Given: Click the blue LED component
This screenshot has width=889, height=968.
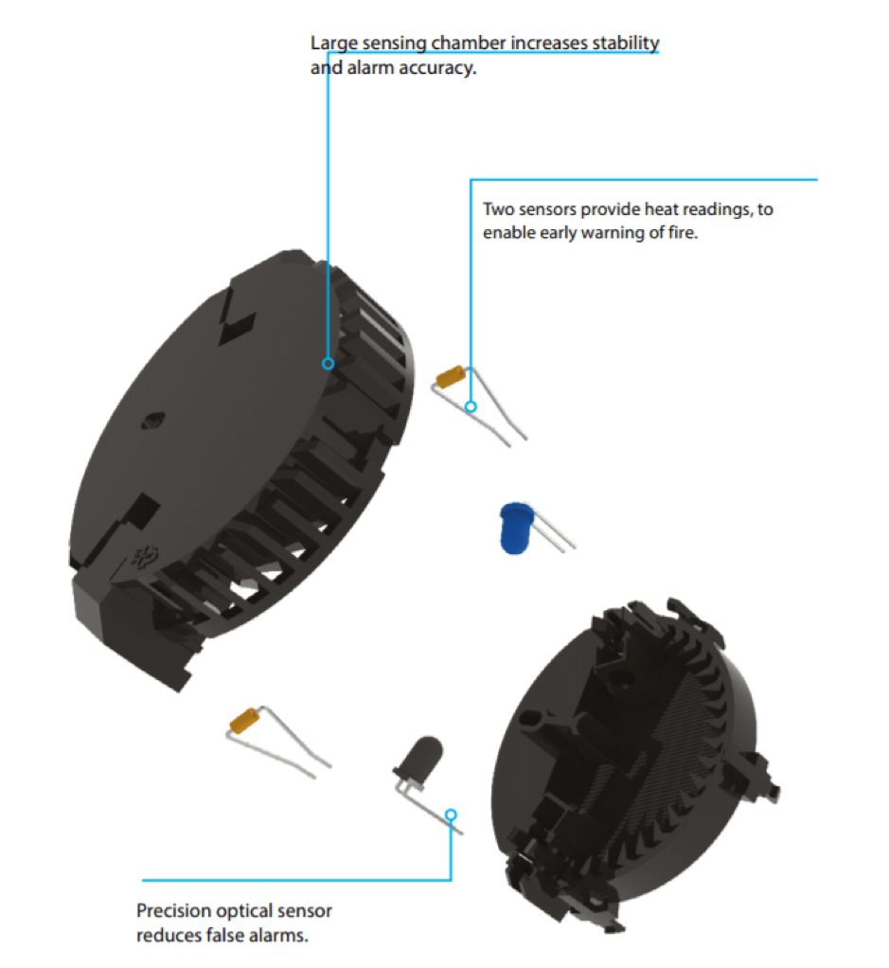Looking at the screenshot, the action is tap(517, 529).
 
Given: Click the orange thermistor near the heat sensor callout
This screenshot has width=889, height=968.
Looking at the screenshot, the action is tap(451, 377).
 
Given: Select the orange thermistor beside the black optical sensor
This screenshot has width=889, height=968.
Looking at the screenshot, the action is tap(245, 721).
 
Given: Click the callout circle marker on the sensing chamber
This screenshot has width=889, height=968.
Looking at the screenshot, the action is tap(329, 364).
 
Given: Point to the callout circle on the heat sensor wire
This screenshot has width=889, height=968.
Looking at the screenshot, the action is tap(471, 407).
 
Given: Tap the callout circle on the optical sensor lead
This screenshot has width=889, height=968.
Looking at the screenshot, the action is tap(451, 815).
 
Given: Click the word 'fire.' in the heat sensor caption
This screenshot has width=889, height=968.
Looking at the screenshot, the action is tap(683, 233).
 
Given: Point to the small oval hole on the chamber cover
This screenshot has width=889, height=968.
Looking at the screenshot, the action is tap(152, 421).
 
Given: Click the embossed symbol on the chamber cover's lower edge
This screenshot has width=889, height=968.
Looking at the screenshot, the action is tap(144, 556).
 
